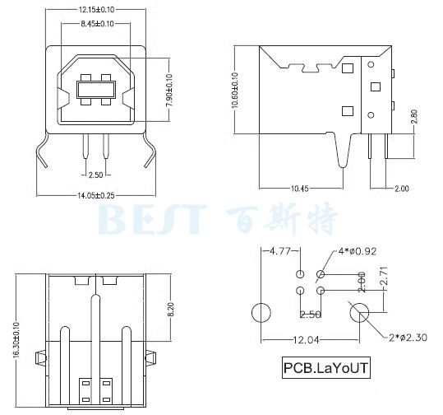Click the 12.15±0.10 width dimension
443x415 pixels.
[96, 10]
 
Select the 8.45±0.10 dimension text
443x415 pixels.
[97, 24]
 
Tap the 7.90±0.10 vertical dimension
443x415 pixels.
[169, 90]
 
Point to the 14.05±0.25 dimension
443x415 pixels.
[96, 196]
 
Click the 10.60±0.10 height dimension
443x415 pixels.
[235, 90]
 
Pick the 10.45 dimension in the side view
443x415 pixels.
[300, 189]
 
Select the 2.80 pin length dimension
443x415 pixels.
[414, 117]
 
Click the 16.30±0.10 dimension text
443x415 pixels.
[16, 340]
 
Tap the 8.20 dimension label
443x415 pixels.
[172, 310]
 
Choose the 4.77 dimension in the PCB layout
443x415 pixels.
[280, 251]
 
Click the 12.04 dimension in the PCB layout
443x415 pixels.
[306, 340]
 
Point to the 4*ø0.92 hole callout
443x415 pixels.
[358, 251]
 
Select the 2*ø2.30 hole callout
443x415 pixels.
[408, 338]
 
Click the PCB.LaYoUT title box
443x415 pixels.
[326, 368]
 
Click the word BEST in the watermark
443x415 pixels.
[152, 219]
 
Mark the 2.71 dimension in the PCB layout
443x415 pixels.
[383, 277]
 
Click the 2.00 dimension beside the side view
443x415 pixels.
[401, 189]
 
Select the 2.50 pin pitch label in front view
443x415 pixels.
[96, 175]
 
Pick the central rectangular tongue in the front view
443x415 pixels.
[96, 90]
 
